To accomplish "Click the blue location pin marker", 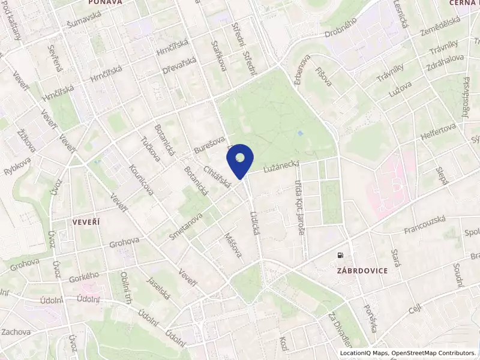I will click(x=240, y=160).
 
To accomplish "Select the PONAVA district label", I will click(x=105, y=2).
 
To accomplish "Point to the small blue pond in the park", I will click(x=301, y=132).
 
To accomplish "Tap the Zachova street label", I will click(x=16, y=332).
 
